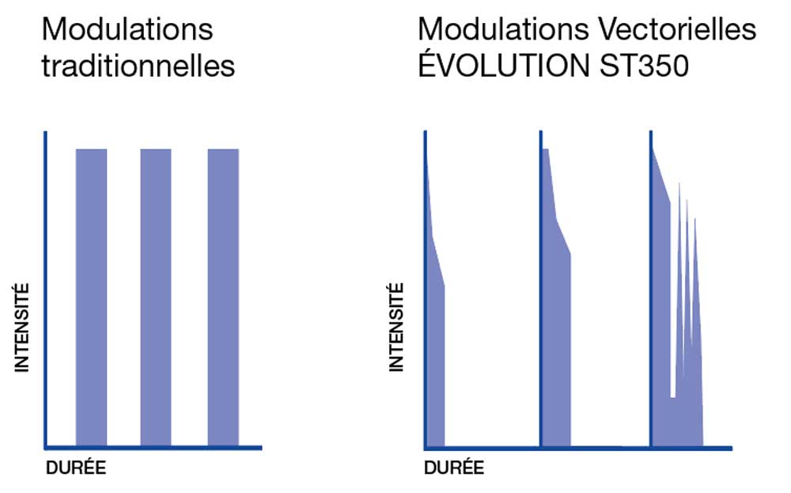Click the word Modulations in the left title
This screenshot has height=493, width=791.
pyautogui.click(x=127, y=30)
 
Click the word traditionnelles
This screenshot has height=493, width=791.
pyautogui.click(x=138, y=66)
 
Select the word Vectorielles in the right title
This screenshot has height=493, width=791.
pyautogui.click(x=674, y=30)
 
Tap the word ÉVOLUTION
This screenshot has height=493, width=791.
pyautogui.click(x=499, y=66)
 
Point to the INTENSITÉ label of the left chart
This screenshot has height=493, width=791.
pyautogui.click(x=21, y=328)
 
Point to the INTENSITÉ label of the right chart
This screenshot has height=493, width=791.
pyautogui.click(x=396, y=328)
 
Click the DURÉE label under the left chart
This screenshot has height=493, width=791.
pyautogui.click(x=75, y=468)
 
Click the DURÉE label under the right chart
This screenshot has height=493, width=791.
pyautogui.click(x=454, y=468)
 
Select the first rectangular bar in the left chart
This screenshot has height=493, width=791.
pyautogui.click(x=91, y=297)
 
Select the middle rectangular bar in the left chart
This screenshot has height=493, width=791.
pyautogui.click(x=156, y=297)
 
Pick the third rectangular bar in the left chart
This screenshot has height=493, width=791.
pyautogui.click(x=223, y=297)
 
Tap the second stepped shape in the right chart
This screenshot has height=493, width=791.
pyautogui.click(x=556, y=332)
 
